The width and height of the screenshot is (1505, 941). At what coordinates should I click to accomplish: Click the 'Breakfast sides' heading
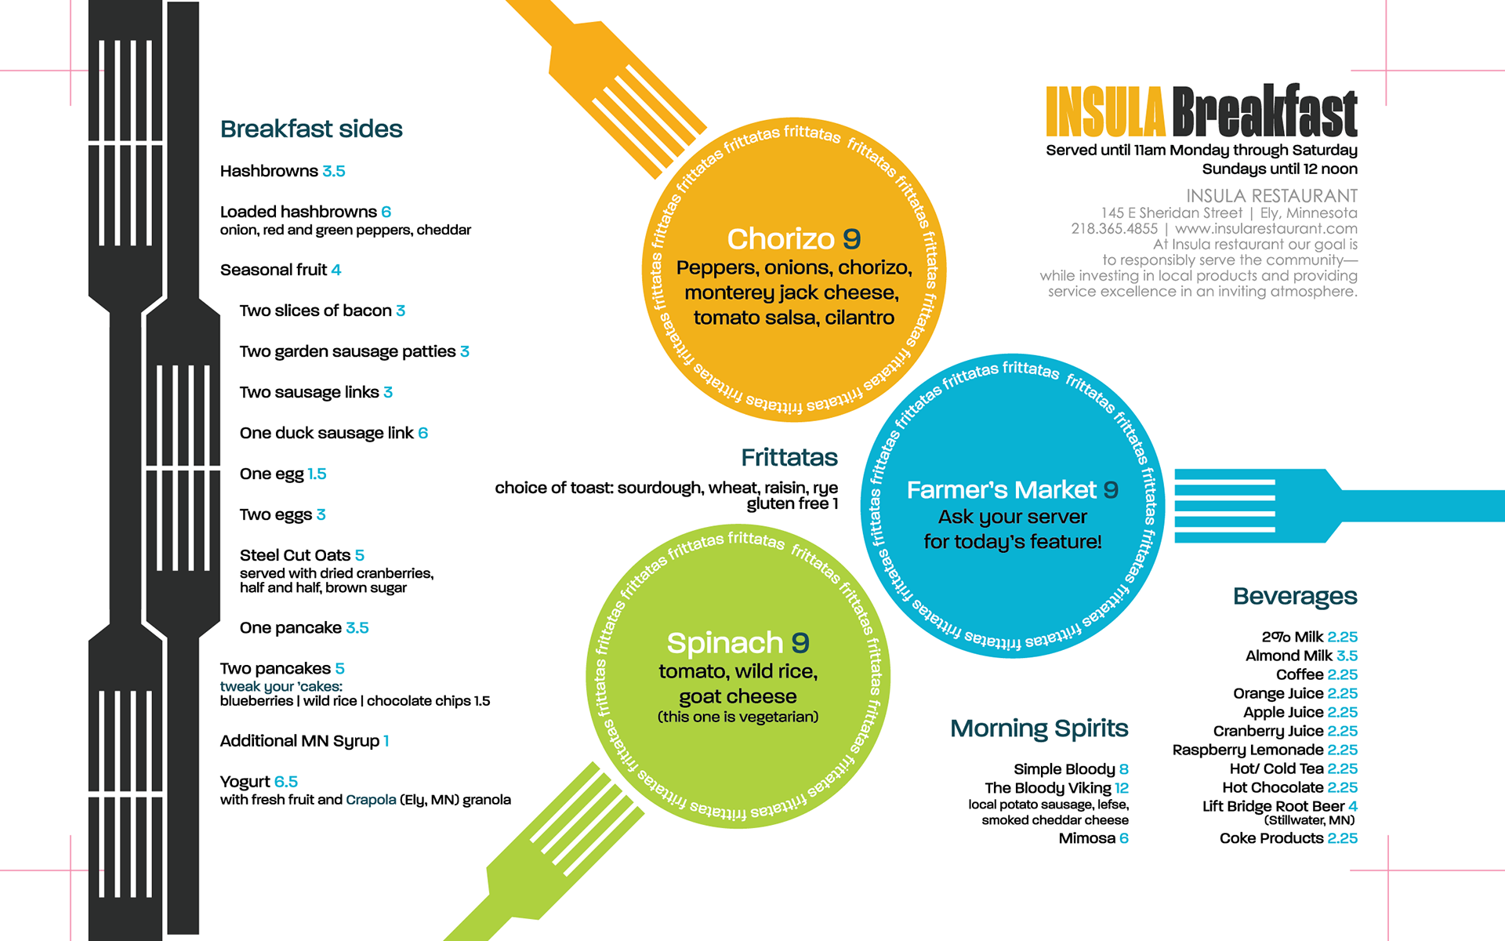pos(311,129)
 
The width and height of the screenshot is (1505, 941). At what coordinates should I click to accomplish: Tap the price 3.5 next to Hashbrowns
pos(334,171)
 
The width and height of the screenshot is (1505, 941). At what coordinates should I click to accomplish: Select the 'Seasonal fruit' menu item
pos(274,270)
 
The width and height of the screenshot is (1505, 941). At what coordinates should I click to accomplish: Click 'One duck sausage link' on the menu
pos(326,433)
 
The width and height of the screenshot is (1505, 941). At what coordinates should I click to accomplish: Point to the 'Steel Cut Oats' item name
pos(295,555)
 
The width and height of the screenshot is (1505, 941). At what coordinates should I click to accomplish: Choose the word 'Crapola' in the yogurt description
pos(371,800)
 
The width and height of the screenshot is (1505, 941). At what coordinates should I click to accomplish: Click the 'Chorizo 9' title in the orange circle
pos(793,238)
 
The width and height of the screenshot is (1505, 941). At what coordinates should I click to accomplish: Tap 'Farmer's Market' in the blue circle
pos(1001,490)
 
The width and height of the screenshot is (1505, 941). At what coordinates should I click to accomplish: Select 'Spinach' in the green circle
pos(725,643)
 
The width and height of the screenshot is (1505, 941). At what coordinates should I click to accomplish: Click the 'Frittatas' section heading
pos(789,457)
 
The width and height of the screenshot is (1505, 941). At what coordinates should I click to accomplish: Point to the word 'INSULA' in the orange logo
pos(1105,112)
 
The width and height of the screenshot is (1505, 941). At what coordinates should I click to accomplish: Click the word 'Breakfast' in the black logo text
pos(1264,112)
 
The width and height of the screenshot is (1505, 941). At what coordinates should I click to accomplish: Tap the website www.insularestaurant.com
pos(1266,229)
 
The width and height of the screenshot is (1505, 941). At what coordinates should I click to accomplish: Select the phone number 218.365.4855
pos(1114,229)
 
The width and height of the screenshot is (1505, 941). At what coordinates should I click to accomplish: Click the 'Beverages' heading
pos(1295,596)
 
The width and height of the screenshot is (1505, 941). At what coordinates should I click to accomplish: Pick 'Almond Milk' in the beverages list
pos(1289,656)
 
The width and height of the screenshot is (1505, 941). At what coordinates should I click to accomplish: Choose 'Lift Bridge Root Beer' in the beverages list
pos(1273,806)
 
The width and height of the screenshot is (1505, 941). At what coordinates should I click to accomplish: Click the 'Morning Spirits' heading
pos(1039,728)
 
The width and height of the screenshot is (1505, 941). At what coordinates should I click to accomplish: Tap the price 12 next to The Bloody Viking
pos(1122,788)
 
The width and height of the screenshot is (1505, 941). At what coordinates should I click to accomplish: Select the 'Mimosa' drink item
pos(1086,838)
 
